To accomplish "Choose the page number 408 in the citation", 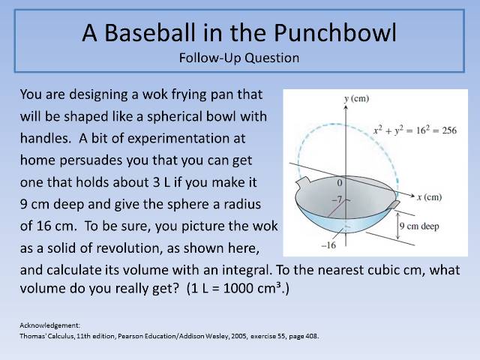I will click(310, 336).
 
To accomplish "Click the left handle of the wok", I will click(303, 183).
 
